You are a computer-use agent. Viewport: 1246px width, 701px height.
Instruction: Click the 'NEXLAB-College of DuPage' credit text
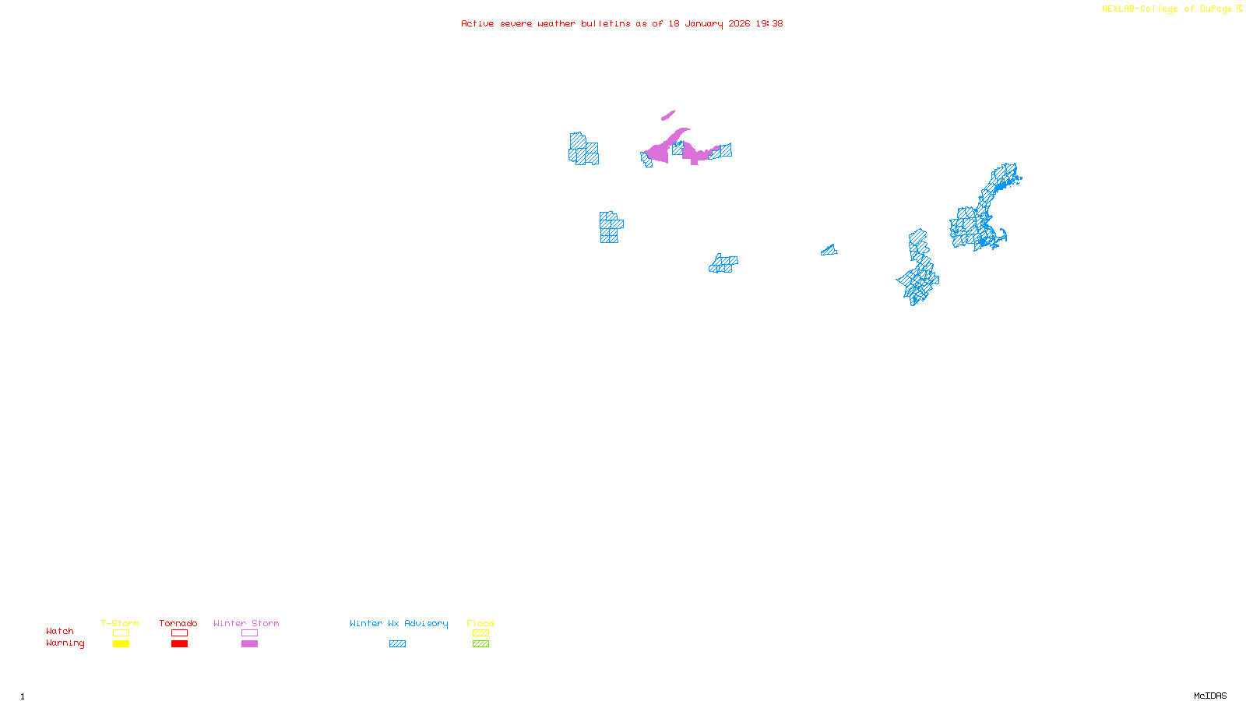coord(1167,9)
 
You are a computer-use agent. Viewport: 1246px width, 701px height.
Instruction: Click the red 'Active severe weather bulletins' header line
coord(621,24)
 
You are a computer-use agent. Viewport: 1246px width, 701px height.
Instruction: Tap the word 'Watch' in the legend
coord(60,632)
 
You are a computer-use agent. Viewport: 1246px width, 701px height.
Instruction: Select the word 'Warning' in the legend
coord(65,643)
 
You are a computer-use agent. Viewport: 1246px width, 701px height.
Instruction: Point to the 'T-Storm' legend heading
coord(120,623)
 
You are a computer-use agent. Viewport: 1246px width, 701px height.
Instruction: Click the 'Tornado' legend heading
coord(178,623)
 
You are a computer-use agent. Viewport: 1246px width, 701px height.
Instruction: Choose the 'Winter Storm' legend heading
coord(246,623)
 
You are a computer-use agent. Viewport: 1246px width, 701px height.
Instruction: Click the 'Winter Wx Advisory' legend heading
coord(399,623)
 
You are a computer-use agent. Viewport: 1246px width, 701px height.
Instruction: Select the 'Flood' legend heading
coord(480,623)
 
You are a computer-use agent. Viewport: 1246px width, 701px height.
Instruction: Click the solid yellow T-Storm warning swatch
coord(121,644)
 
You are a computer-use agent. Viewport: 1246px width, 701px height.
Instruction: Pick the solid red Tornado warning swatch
coord(179,644)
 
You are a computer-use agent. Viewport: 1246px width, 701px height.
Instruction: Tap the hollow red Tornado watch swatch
coord(179,633)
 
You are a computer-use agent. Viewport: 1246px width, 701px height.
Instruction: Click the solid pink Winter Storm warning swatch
coord(249,644)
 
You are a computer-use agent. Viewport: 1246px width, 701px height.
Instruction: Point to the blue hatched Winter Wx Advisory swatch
coord(397,644)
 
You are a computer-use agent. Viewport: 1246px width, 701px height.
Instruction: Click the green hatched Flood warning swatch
coord(480,644)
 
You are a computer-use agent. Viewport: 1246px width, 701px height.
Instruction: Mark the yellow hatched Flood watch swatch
coord(480,633)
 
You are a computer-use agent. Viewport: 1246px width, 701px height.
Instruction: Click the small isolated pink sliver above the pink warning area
coord(668,115)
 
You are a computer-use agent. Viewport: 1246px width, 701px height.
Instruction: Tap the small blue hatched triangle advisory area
coord(829,251)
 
